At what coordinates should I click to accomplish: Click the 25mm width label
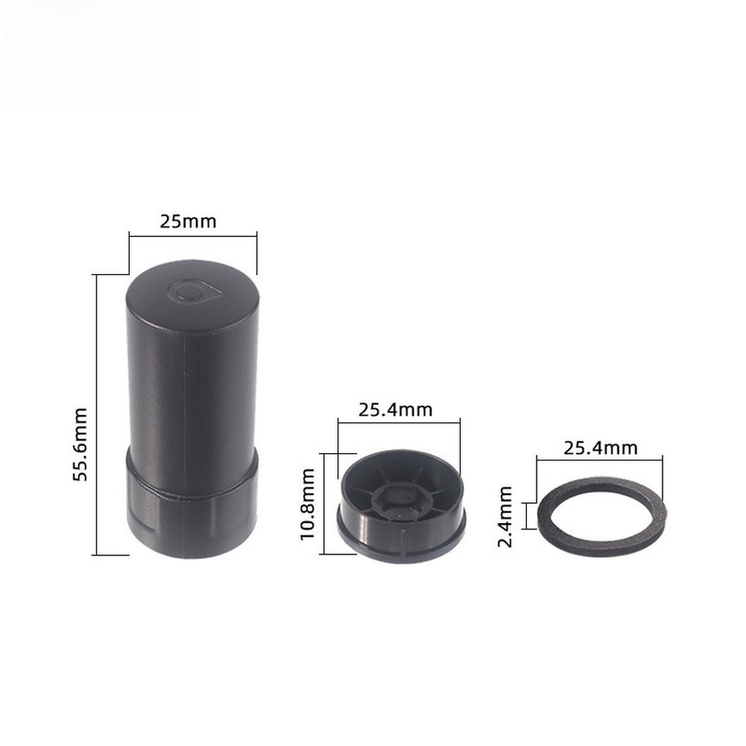[188, 221]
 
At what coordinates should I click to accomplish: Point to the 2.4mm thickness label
[505, 517]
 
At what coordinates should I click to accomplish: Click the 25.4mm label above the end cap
[395, 409]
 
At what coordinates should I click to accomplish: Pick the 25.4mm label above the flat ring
[600, 448]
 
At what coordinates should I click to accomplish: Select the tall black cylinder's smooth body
[191, 389]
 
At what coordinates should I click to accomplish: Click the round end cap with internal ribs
[401, 505]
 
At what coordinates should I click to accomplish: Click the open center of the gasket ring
[601, 516]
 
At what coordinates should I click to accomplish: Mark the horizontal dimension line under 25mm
[191, 236]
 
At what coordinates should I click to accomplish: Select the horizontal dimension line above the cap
[399, 423]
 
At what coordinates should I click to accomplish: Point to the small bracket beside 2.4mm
[527, 516]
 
